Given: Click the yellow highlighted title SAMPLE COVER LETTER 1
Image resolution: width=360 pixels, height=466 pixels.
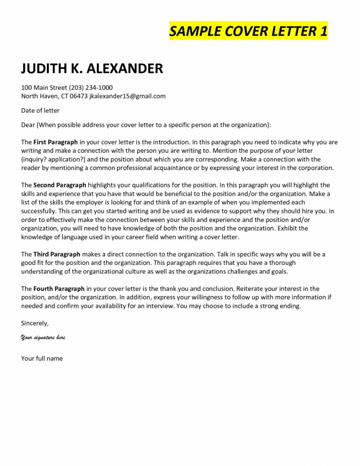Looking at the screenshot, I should [x=248, y=31].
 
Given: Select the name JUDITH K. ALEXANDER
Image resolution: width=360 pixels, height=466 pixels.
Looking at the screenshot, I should [x=92, y=68].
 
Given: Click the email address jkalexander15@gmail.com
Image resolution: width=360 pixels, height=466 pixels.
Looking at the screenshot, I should [x=127, y=96].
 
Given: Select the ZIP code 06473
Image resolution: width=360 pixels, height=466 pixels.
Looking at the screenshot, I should [x=79, y=96].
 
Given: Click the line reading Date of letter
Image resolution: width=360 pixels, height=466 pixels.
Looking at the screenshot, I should [x=40, y=110].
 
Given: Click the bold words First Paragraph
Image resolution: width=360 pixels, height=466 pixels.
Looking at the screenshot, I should [x=56, y=142].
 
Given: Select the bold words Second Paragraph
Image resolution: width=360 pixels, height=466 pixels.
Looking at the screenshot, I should [x=60, y=185].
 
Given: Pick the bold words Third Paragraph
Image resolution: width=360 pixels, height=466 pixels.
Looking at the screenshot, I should [x=57, y=254].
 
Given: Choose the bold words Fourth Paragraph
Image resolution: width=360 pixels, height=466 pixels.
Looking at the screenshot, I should [x=59, y=288].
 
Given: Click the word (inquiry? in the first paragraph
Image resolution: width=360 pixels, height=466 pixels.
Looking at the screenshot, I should [x=34, y=159].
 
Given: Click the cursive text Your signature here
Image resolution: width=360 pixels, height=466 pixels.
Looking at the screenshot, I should [x=43, y=337].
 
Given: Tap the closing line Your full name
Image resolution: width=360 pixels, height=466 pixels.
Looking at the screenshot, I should [x=42, y=359].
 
